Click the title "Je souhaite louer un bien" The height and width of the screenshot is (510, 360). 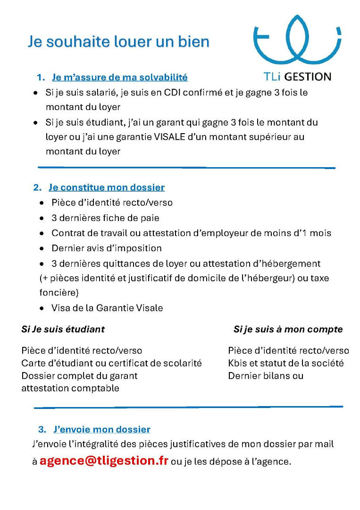(118, 42)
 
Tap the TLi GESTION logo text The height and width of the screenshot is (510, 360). (297, 76)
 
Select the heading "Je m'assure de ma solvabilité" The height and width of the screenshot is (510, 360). (119, 77)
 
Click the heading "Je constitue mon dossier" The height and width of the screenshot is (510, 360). (107, 187)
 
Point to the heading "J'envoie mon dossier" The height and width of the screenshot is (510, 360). (102, 429)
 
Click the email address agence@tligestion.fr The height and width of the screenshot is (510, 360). (104, 461)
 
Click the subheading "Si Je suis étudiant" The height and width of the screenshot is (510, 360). (63, 329)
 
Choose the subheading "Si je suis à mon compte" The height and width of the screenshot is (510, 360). (288, 329)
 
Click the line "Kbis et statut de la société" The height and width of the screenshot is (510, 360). (285, 363)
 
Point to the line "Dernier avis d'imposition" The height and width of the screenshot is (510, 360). (106, 248)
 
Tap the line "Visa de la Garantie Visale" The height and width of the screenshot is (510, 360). (107, 308)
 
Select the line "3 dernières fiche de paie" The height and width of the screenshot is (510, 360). (105, 218)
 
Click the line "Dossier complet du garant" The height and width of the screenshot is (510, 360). (79, 376)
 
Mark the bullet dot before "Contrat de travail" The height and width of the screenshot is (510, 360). (42, 233)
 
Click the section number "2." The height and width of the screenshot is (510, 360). (37, 187)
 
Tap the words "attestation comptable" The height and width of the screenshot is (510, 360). (70, 388)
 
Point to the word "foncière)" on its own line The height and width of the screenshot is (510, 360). (59, 293)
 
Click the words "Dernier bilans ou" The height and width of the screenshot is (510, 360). (266, 376)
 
